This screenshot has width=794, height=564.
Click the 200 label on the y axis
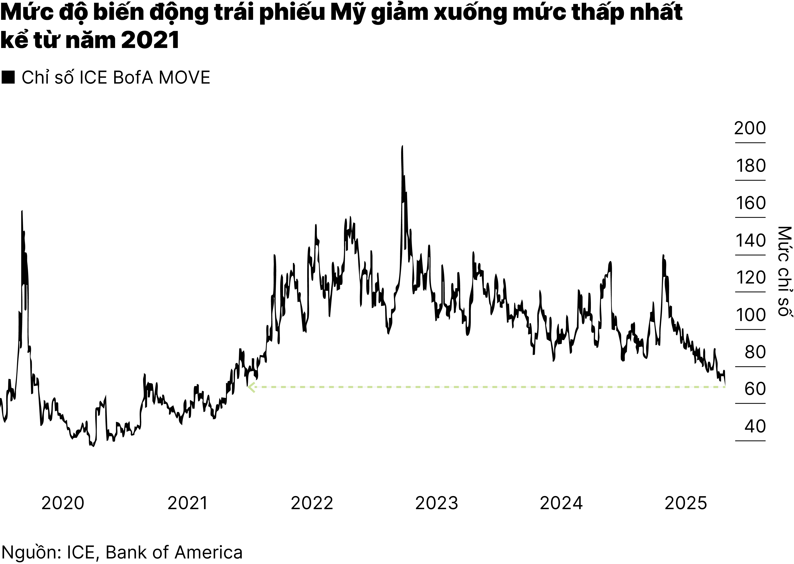coord(750,129)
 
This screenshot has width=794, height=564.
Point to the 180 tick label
coord(751,166)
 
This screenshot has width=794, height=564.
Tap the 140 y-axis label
coord(751,241)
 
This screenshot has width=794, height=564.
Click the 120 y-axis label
coord(751,278)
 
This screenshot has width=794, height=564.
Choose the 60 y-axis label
coord(755,389)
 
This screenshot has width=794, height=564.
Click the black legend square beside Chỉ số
coord(8,77)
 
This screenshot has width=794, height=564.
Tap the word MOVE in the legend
coord(184,77)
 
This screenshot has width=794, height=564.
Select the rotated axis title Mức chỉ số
coord(784,271)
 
